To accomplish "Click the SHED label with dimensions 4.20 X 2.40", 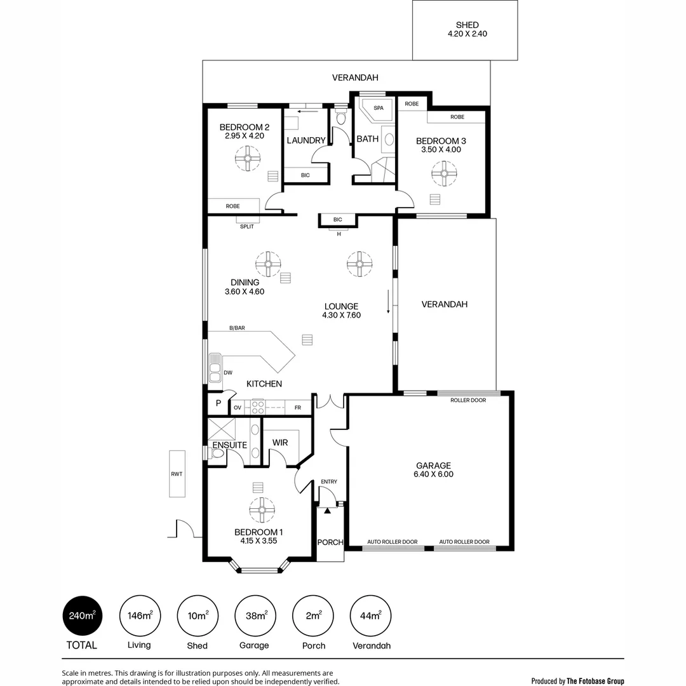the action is (467, 29).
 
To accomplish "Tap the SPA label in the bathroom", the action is (379, 108).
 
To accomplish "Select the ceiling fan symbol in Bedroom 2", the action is (248, 158).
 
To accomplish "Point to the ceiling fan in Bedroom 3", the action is (444, 173).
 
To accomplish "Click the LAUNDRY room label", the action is (306, 140).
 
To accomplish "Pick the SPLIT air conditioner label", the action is (246, 227).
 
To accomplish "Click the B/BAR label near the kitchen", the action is (237, 328).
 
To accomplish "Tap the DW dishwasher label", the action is (228, 373).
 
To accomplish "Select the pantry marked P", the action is (219, 403).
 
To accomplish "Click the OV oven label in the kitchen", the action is (237, 408).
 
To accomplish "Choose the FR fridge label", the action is (298, 408).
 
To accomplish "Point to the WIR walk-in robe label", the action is (280, 443).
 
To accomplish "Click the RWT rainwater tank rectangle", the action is (177, 474).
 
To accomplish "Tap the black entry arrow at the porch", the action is (327, 510).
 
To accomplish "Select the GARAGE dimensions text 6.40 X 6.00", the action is (434, 474).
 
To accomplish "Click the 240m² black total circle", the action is (82, 615).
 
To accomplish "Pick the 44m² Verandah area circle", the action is (370, 615).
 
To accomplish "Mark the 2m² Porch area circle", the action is (313, 615).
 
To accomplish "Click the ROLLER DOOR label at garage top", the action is (468, 400).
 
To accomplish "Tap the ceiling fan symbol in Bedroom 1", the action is (262, 510).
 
